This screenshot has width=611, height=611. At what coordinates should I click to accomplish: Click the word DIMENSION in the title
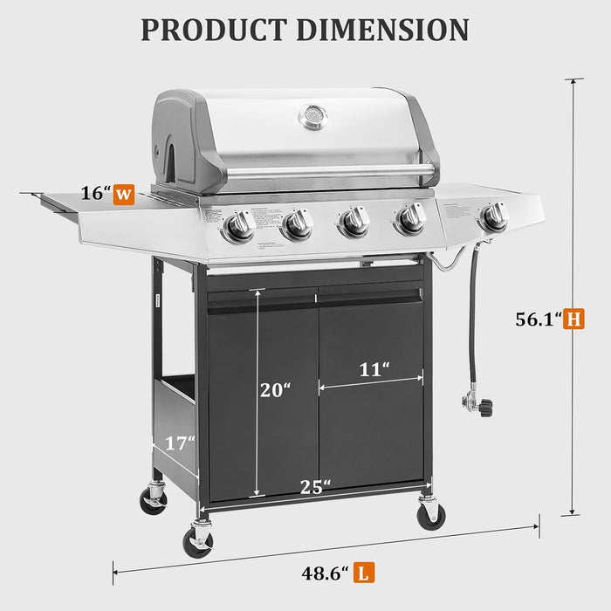382,29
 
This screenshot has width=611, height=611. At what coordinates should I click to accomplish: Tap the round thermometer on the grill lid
312,116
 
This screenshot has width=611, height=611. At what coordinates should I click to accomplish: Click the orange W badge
125,194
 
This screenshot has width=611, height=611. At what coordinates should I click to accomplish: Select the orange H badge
573,319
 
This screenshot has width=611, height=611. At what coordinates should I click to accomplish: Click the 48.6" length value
325,573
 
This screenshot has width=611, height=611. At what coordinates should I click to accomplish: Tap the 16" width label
94,194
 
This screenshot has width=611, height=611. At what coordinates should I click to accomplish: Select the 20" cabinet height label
274,390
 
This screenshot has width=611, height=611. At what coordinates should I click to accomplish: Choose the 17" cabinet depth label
180,443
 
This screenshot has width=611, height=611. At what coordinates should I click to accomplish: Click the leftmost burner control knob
238,227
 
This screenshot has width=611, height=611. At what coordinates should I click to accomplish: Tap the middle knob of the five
354,222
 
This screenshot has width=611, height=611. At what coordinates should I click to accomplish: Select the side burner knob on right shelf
494,217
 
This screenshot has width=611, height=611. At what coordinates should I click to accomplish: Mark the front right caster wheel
430,515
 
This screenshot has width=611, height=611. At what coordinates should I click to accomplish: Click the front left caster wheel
198,540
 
